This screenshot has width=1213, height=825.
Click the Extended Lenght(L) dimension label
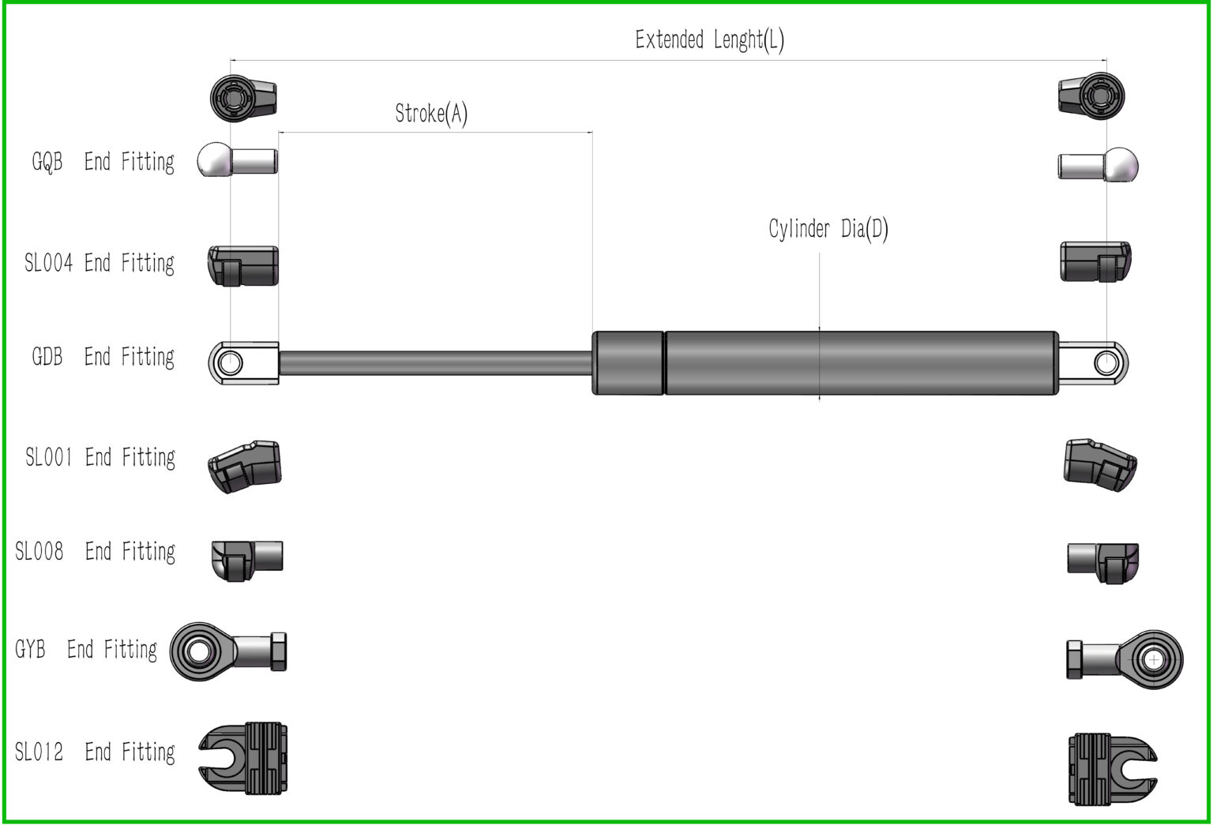pos(709,39)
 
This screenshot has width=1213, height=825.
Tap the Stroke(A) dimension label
pos(431,114)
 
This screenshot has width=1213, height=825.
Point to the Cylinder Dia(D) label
pos(828,229)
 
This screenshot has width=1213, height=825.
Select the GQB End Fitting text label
pos(103,162)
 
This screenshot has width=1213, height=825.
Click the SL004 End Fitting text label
pos(100,263)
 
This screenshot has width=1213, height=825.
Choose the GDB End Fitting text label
pos(103,357)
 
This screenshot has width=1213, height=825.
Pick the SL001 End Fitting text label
pos(100,457)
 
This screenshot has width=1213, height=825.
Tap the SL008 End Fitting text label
pos(95,551)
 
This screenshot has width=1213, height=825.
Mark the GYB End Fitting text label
pos(86,650)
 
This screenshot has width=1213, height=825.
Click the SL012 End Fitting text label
pos(95,752)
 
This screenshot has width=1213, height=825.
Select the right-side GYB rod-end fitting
pos(1125,658)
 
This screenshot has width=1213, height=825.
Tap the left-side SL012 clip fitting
pos(243,759)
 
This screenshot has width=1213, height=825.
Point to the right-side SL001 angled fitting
pos(1099,464)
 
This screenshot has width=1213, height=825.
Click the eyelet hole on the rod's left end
pos(231,363)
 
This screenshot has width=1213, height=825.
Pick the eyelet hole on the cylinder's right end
pos(1106,363)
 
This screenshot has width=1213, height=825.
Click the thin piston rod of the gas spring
pos(434,363)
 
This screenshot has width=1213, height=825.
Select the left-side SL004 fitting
pos(243,265)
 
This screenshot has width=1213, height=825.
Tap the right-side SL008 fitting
pos(1103,561)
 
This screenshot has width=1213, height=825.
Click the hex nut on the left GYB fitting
pos(278,651)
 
